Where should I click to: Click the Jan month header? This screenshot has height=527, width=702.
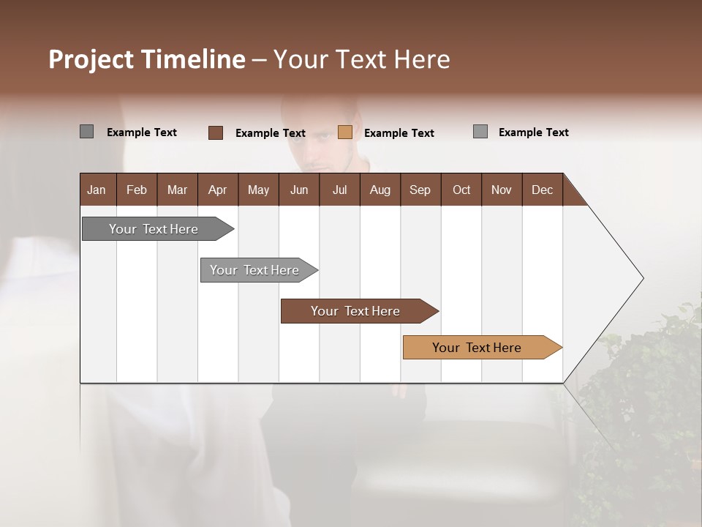pyautogui.click(x=97, y=190)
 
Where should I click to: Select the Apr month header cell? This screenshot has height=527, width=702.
pyautogui.click(x=218, y=190)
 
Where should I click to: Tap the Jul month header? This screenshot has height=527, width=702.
pyautogui.click(x=339, y=190)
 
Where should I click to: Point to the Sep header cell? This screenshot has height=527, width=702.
pyautogui.click(x=420, y=190)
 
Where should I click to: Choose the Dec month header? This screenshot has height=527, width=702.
pyautogui.click(x=542, y=190)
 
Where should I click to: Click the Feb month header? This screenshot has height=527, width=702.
pyautogui.click(x=137, y=190)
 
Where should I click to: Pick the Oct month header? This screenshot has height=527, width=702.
pyautogui.click(x=461, y=190)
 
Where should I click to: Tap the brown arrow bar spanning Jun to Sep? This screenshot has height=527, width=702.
pyautogui.click(x=356, y=311)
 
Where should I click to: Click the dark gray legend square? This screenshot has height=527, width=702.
pyautogui.click(x=87, y=132)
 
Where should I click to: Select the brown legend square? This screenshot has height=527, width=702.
pyautogui.click(x=216, y=132)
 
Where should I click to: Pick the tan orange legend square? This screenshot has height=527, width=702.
pyautogui.click(x=345, y=132)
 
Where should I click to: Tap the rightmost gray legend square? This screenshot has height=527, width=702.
pyautogui.click(x=480, y=132)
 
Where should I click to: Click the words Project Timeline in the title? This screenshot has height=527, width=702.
pyautogui.click(x=146, y=59)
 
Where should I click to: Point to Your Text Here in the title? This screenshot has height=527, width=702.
pyautogui.click(x=362, y=59)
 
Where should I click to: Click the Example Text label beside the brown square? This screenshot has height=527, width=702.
pyautogui.click(x=270, y=133)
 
